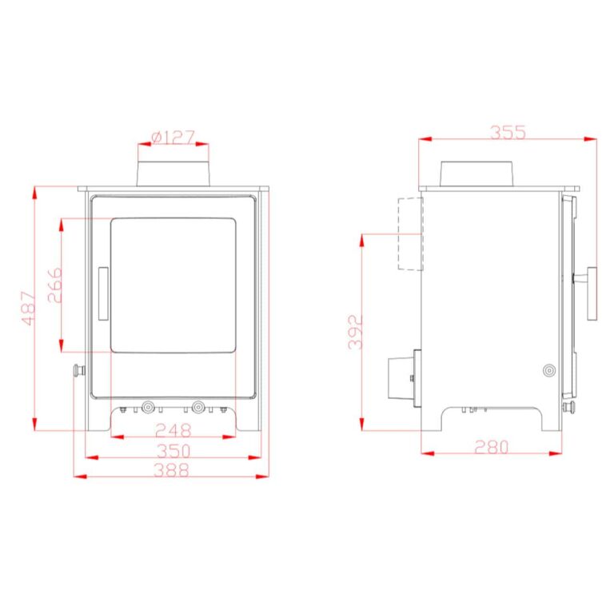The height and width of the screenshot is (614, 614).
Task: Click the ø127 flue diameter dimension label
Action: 173,138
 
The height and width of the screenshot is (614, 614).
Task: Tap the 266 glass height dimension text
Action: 54,285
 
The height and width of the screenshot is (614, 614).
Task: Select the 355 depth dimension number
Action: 508,132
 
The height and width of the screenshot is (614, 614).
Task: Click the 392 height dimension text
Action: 357,332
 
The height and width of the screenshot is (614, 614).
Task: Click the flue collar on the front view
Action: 173,173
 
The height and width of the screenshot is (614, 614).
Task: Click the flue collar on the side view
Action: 477,173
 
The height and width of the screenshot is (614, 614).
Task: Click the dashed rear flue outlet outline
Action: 409,233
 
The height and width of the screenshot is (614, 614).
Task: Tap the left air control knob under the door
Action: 148,406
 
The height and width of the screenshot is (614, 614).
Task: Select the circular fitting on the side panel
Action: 548,371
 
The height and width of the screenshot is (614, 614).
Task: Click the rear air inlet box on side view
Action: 402,378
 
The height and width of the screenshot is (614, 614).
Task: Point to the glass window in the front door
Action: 173,285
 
